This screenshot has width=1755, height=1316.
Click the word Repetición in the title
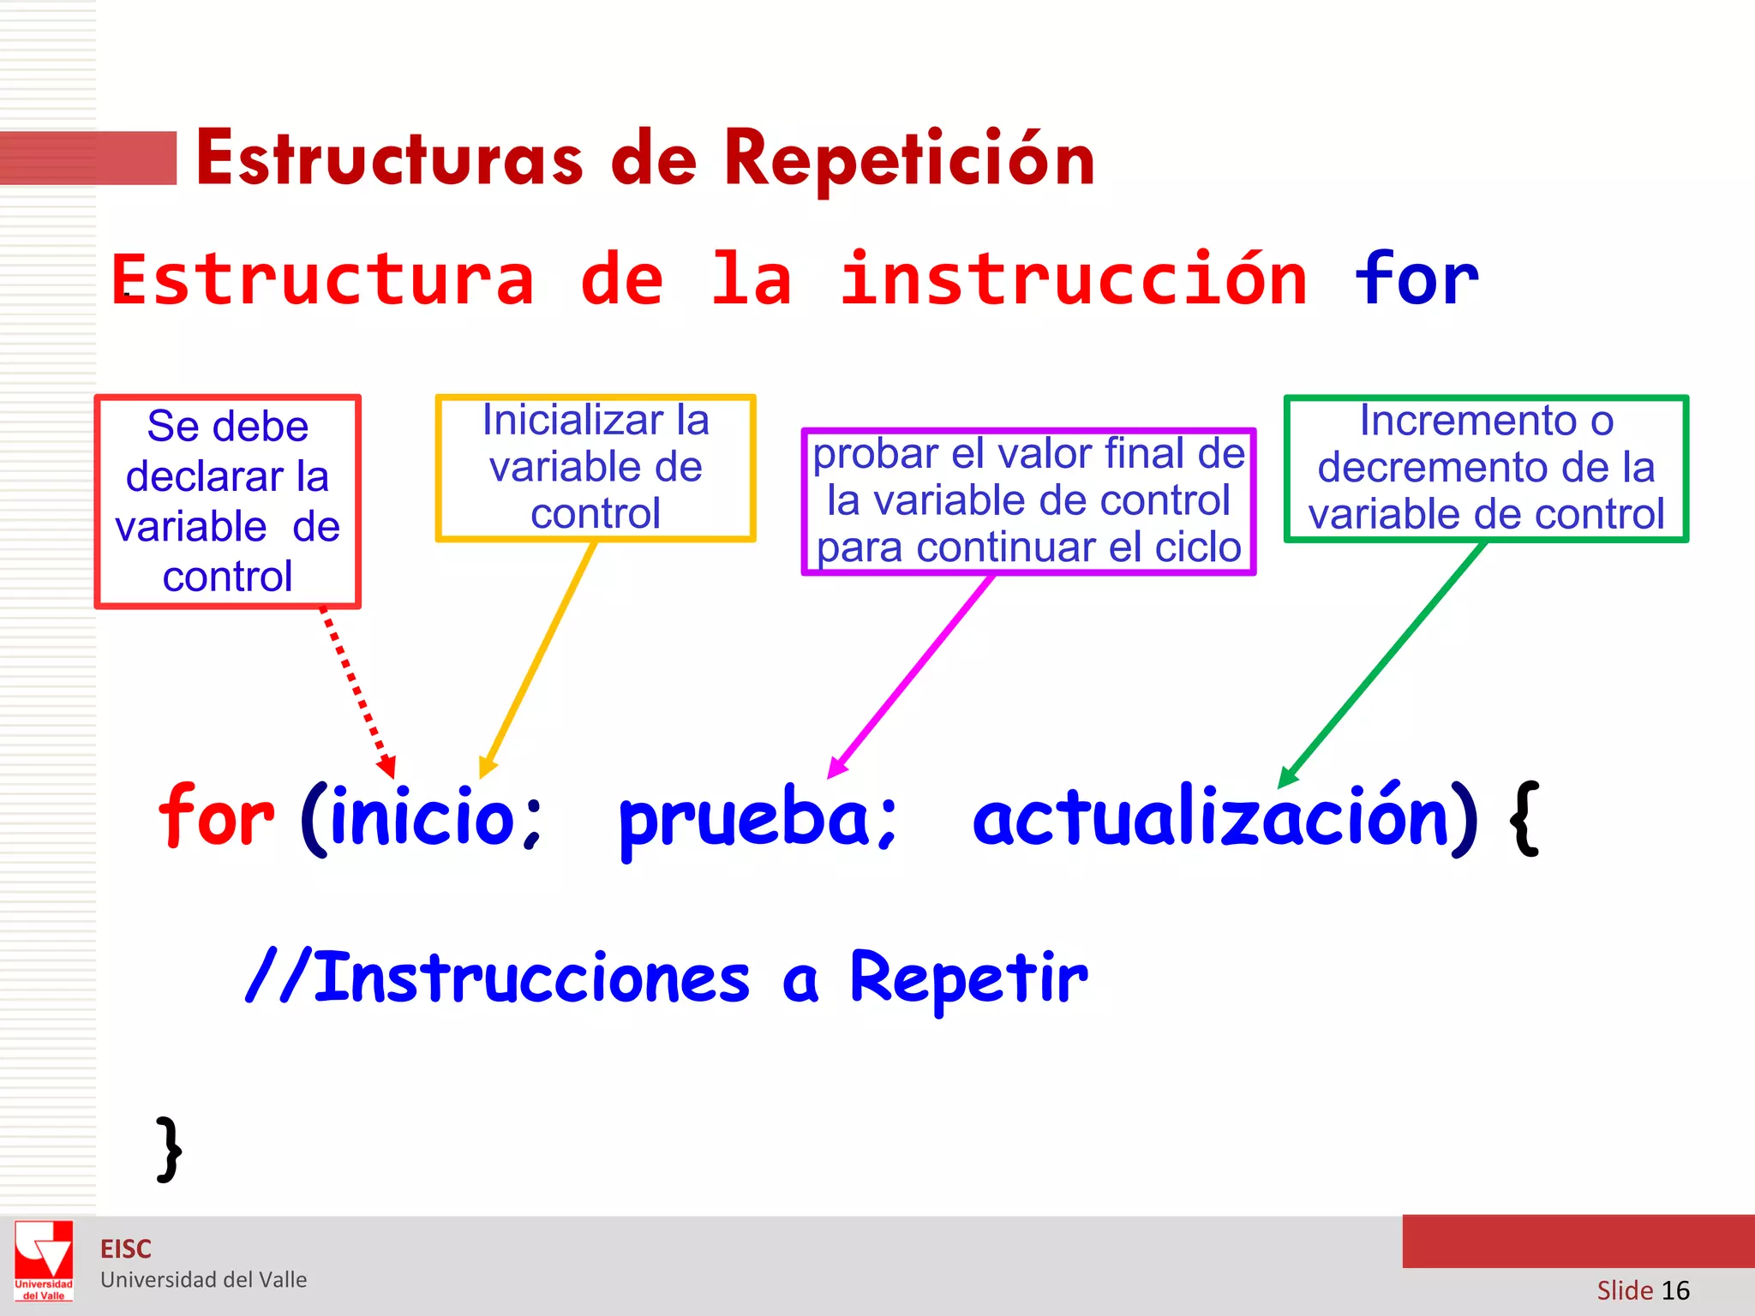click(x=908, y=159)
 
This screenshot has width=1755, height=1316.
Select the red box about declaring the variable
click(x=227, y=501)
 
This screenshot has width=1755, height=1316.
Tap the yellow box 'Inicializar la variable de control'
click(x=596, y=468)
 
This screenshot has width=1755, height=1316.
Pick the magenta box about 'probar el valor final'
click(x=1028, y=501)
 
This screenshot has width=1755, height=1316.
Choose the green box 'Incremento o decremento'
click(x=1486, y=468)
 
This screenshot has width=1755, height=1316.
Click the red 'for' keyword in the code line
click(x=216, y=817)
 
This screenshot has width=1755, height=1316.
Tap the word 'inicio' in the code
click(x=422, y=817)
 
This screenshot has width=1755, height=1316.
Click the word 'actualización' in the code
click(x=1210, y=817)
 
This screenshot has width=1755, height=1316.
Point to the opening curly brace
click(x=1524, y=818)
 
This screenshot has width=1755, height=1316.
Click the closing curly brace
click(x=170, y=1149)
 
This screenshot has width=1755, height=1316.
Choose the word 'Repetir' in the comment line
click(x=968, y=979)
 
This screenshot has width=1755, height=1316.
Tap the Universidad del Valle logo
click(x=44, y=1259)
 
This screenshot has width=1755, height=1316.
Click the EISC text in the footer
click(x=126, y=1249)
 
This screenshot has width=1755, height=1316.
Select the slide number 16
click(x=1674, y=1290)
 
